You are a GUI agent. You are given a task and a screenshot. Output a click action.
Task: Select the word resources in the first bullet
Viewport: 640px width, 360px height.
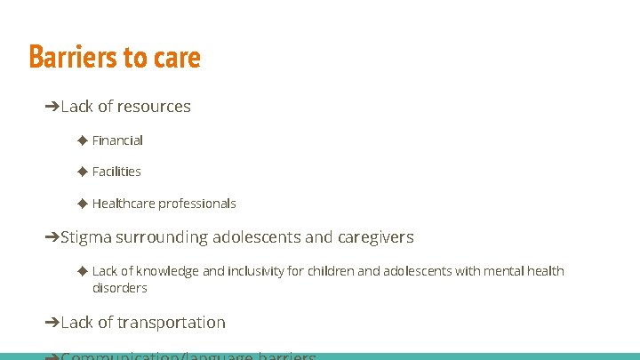pyautogui.click(x=154, y=107)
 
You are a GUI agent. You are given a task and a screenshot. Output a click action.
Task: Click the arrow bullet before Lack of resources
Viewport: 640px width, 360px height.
pyautogui.click(x=52, y=107)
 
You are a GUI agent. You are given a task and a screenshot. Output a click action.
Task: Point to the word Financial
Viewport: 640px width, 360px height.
pyautogui.click(x=117, y=140)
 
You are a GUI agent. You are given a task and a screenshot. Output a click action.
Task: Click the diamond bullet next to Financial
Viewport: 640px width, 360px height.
pyautogui.click(x=83, y=140)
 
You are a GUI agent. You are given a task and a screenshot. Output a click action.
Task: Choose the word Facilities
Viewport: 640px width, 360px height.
pyautogui.click(x=116, y=172)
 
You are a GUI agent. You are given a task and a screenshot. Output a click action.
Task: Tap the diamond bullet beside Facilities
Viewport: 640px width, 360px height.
pyautogui.click(x=83, y=171)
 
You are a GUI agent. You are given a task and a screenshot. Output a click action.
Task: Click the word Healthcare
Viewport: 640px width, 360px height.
pyautogui.click(x=124, y=204)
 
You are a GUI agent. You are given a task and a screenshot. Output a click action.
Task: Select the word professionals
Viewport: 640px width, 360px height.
pyautogui.click(x=197, y=204)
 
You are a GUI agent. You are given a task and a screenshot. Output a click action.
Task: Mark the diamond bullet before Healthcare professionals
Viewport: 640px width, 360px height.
pyautogui.click(x=83, y=203)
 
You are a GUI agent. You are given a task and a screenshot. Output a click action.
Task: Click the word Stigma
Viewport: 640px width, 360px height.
pyautogui.click(x=87, y=237)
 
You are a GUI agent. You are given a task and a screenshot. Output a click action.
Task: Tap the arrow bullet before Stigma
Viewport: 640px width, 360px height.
pyautogui.click(x=52, y=237)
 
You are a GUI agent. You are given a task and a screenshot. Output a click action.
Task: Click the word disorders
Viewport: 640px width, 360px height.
pyautogui.click(x=120, y=288)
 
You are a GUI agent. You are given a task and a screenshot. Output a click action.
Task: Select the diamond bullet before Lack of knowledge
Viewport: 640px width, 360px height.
pyautogui.click(x=83, y=270)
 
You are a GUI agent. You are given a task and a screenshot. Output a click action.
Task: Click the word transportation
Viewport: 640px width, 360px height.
pyautogui.click(x=170, y=323)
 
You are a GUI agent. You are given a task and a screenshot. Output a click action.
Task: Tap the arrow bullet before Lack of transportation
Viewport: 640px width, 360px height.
pyautogui.click(x=52, y=323)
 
